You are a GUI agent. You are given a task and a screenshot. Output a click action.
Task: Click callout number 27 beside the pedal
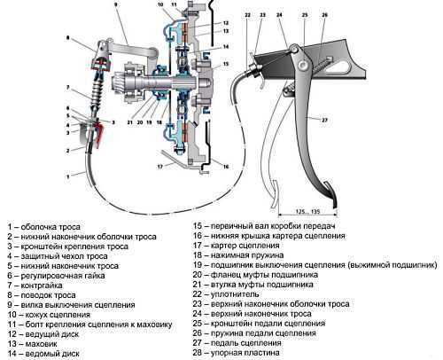324,120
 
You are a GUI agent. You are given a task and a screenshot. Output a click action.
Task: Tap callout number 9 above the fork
115,4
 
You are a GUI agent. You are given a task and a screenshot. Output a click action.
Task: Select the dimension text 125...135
308,212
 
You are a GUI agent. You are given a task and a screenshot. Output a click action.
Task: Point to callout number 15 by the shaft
226,64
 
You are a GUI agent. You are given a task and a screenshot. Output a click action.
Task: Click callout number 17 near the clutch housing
159,167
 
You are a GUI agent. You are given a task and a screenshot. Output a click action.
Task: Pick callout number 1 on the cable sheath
68,176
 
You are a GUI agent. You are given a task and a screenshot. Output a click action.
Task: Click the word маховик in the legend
41,344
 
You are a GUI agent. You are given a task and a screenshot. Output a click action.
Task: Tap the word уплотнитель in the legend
235,294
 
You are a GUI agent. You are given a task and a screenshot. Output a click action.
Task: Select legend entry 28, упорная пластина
236,353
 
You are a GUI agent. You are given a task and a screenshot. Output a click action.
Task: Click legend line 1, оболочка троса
44,227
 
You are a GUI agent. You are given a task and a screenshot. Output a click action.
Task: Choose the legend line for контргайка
35,286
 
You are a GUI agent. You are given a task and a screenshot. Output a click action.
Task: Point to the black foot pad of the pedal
334,200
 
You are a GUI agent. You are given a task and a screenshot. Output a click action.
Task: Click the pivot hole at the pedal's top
302,65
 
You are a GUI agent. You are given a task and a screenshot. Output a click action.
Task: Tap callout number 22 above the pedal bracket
247,15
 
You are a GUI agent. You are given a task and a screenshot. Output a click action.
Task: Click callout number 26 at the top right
324,15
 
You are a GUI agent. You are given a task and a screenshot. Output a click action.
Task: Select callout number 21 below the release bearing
130,122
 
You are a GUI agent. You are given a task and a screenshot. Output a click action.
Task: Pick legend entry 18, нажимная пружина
238,255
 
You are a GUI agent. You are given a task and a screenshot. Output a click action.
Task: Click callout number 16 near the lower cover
226,167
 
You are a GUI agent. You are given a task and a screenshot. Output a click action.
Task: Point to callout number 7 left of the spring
68,88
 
